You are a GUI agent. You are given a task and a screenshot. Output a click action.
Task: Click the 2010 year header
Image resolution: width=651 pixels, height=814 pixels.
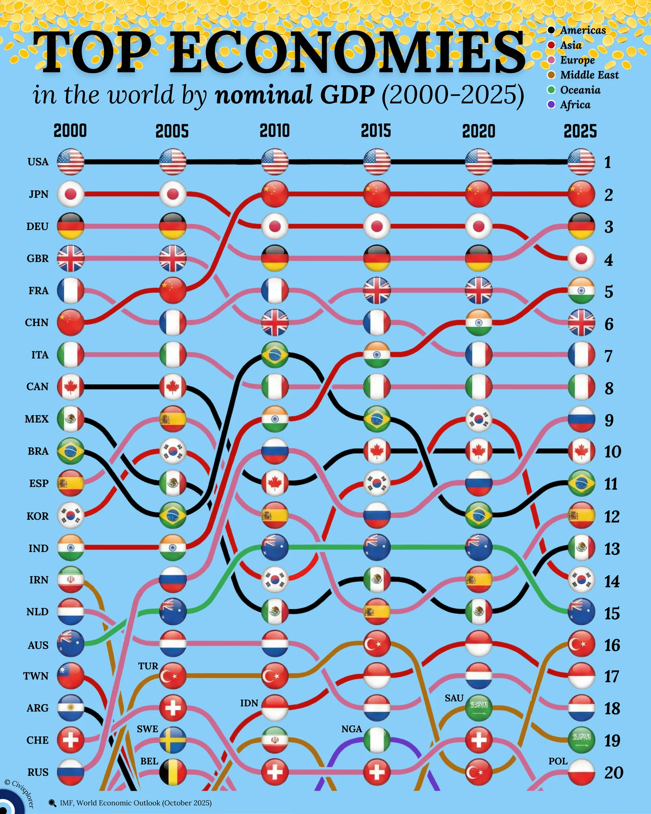point(275,131)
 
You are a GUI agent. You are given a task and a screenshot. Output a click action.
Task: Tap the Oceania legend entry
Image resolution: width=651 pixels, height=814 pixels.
point(580,90)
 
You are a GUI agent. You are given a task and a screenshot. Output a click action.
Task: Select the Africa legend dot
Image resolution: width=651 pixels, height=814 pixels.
point(551,105)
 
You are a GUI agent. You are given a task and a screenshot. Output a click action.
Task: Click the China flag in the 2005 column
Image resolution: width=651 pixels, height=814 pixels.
point(173,291)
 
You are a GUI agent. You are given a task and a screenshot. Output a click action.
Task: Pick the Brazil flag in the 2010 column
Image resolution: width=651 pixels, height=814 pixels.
point(275,355)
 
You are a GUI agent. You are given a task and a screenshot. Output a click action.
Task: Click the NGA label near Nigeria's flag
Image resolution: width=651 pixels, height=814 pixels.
point(352,729)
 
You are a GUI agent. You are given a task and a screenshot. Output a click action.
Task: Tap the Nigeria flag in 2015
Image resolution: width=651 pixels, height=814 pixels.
point(377,740)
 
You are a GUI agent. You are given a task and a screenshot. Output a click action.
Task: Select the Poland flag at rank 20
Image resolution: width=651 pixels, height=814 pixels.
point(581,772)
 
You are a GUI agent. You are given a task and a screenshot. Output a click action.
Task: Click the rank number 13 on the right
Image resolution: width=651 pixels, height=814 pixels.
point(612,549)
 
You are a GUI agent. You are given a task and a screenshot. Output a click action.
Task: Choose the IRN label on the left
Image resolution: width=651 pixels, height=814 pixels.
point(39,580)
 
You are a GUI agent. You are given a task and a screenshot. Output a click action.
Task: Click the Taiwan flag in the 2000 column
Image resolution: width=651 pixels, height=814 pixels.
point(71,676)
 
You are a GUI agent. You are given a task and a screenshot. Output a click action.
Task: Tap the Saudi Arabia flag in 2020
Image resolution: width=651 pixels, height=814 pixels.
point(479,708)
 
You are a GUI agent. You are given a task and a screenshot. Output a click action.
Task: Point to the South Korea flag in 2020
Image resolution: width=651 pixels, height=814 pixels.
point(479,419)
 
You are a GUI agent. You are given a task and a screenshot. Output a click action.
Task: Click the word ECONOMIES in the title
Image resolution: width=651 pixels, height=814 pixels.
point(348,53)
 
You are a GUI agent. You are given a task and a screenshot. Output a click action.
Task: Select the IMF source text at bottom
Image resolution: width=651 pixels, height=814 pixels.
point(135,803)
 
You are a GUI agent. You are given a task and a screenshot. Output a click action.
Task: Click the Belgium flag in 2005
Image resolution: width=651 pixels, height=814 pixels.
point(173,772)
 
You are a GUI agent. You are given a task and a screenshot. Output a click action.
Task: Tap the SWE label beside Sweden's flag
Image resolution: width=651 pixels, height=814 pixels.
point(147,729)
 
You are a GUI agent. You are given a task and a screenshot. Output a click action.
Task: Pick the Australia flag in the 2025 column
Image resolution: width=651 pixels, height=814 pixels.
point(581,612)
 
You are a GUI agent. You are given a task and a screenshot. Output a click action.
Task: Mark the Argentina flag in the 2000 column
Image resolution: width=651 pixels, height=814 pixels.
point(71,708)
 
